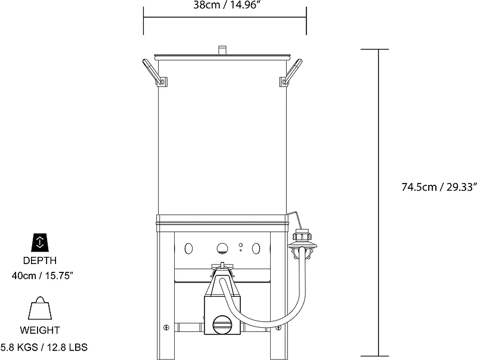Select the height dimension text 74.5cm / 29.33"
(439, 187)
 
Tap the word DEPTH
(40, 260)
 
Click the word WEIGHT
(40, 330)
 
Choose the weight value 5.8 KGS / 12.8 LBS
(44, 346)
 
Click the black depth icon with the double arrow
(40, 241)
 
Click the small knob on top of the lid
(223, 49)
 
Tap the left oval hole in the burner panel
(189, 248)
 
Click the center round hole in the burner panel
(222, 248)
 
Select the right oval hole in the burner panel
(257, 248)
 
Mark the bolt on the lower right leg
(278, 327)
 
